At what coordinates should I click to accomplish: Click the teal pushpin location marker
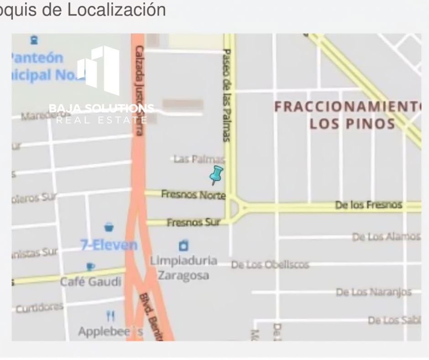[x=216, y=175]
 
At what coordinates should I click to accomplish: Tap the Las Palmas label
[x=199, y=159]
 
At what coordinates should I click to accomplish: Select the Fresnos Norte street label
[x=193, y=195]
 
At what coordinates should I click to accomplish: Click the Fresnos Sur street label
[x=193, y=223]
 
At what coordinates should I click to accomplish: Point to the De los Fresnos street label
[x=369, y=205]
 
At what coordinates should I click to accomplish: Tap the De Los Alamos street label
[x=386, y=237]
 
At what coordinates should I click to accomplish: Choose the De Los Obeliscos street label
[x=270, y=265]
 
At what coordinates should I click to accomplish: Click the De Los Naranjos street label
[x=374, y=292]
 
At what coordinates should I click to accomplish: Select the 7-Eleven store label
[x=109, y=245]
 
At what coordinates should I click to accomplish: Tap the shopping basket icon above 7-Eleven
[x=109, y=227]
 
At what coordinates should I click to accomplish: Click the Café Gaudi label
[x=91, y=281]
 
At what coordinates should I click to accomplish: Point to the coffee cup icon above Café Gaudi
[x=90, y=266]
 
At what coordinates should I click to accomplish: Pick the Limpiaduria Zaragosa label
[x=183, y=268]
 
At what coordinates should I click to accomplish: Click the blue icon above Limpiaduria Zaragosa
[x=183, y=246]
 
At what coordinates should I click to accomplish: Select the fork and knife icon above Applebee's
[x=110, y=316]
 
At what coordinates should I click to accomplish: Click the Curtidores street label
[x=39, y=307]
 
